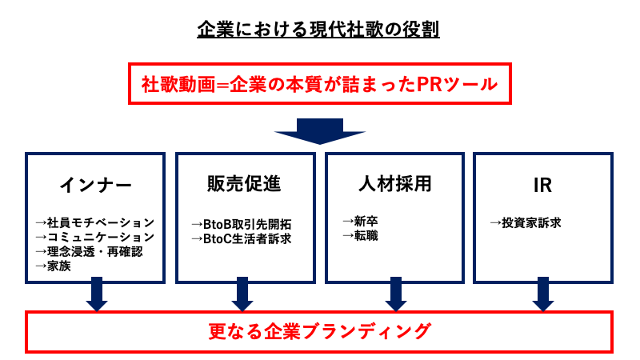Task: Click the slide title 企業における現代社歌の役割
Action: point(319,31)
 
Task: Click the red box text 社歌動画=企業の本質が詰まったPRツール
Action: point(319,84)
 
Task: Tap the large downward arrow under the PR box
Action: point(320,130)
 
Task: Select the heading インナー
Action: point(95,185)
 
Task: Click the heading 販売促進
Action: point(244,183)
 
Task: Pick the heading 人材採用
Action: point(394,183)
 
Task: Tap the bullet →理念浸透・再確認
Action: point(89,252)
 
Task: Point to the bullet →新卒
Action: point(361,221)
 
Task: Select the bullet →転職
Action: point(361,235)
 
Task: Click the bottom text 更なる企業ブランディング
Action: point(319,330)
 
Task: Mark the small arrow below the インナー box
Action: point(95,294)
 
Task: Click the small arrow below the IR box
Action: point(543,294)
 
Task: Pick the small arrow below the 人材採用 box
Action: point(394,294)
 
